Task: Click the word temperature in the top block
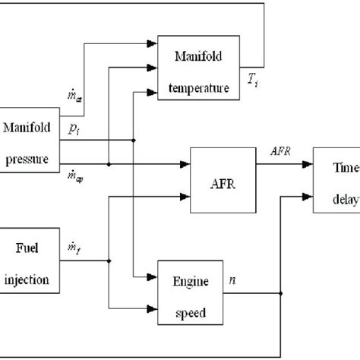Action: (x=201, y=88)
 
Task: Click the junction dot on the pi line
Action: (x=134, y=140)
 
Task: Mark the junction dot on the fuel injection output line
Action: (x=109, y=261)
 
